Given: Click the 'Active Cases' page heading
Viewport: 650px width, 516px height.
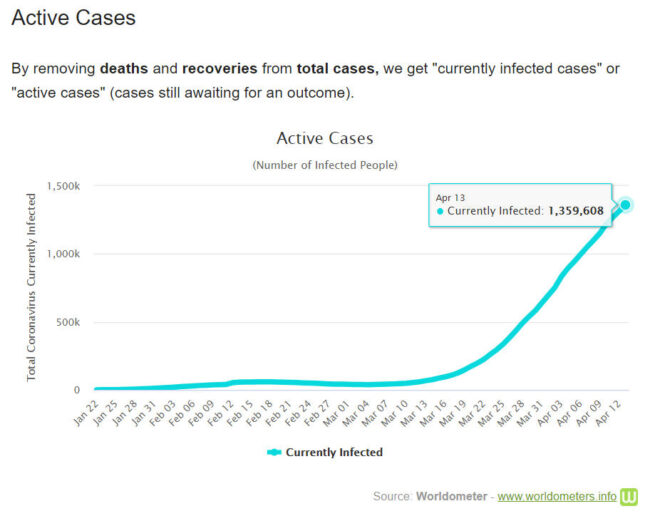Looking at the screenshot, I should click(x=73, y=18).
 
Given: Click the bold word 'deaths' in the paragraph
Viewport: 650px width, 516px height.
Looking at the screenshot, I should click(x=125, y=69).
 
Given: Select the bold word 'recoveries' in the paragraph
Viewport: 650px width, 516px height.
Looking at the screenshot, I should click(x=219, y=69).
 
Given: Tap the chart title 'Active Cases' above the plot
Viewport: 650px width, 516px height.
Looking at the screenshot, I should click(x=324, y=138).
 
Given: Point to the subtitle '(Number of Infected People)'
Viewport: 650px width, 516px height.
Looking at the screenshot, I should click(x=324, y=164).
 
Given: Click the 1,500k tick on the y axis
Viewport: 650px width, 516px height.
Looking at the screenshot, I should click(x=64, y=187).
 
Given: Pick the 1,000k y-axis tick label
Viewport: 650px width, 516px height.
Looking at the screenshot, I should click(x=64, y=254).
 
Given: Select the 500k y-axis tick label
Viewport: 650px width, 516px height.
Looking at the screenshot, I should click(x=69, y=322).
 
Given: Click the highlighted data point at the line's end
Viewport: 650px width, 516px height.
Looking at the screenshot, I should click(x=626, y=205).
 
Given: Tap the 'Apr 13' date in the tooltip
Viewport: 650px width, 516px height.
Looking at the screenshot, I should click(x=450, y=197).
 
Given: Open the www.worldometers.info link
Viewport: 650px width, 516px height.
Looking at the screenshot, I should click(x=556, y=496).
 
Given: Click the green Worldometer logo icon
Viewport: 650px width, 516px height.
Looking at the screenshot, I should click(x=629, y=496).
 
